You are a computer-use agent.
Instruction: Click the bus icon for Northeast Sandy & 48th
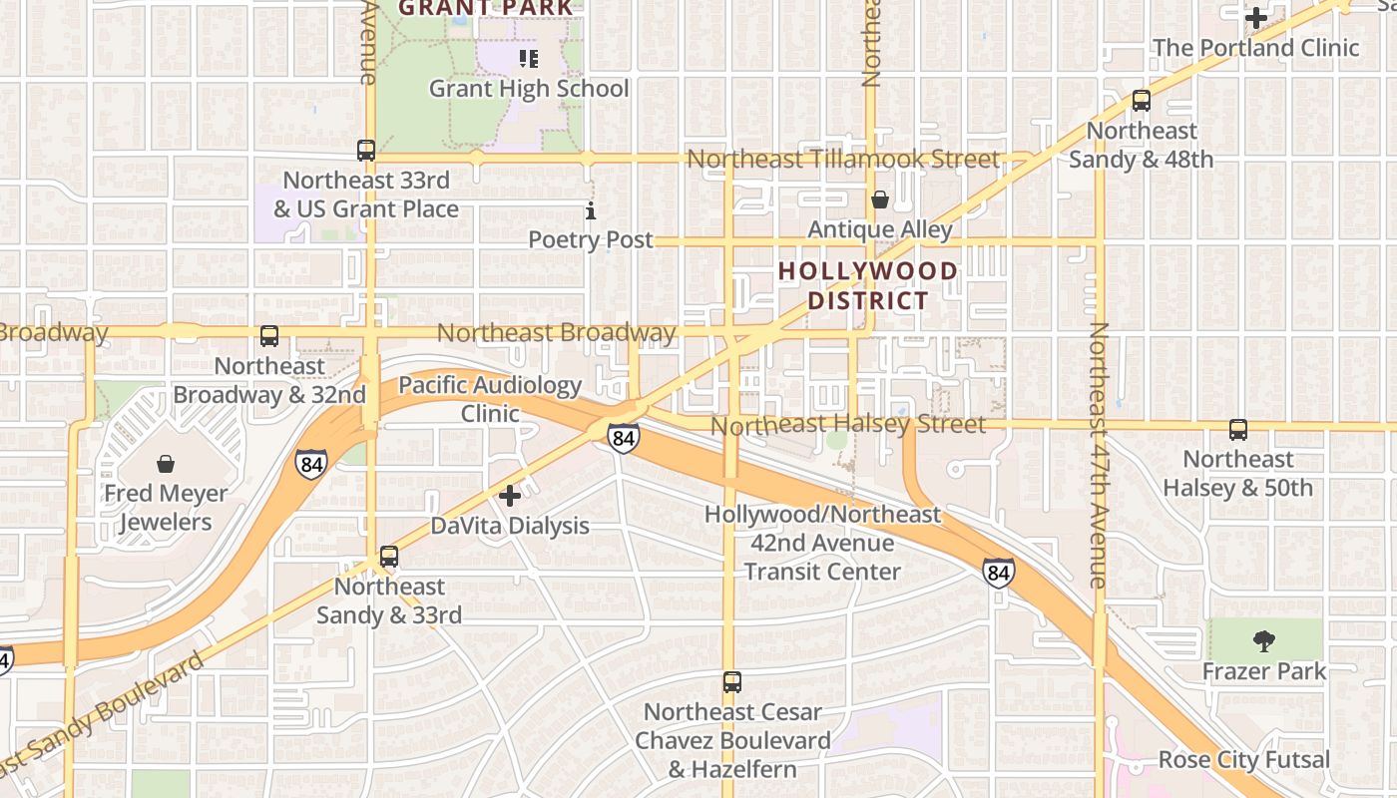(1142, 101)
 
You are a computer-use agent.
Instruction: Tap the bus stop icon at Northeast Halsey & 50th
(1238, 430)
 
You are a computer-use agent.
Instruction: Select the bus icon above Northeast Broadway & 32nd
(269, 336)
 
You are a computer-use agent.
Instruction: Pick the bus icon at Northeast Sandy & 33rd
(389, 557)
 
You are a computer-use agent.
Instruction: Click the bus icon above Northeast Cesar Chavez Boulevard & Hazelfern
(732, 682)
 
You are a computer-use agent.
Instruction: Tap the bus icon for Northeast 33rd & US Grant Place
(366, 151)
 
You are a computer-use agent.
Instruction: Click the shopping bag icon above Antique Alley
(879, 200)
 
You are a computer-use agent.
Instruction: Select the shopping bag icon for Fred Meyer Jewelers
(166, 464)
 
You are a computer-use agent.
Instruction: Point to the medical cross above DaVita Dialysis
(510, 496)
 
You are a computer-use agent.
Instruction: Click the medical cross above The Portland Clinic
(1256, 18)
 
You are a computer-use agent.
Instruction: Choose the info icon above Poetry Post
(591, 210)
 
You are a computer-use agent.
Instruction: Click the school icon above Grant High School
(529, 59)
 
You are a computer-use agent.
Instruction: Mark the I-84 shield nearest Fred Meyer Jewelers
(310, 463)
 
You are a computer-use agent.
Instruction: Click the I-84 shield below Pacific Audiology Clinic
(623, 437)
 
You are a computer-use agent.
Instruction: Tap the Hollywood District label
(867, 285)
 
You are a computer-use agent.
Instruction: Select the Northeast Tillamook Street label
(842, 160)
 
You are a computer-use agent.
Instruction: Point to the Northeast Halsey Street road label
(847, 426)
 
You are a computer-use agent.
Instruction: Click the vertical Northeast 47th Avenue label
(1099, 454)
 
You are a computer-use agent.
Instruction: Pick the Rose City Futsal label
(1243, 760)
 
